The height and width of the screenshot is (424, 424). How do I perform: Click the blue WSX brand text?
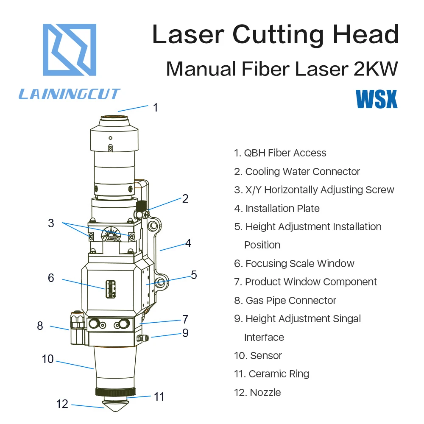(x=377, y=99)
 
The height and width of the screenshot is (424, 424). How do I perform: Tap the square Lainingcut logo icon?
(x=70, y=50)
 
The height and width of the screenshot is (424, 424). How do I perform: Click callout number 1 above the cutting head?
(x=156, y=108)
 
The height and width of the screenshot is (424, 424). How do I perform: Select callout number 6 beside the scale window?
(x=51, y=278)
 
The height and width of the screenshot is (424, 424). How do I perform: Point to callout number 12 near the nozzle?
(x=62, y=404)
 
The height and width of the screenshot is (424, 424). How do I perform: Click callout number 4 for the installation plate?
(x=188, y=243)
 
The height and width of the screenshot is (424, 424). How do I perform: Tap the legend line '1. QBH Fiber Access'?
(x=280, y=153)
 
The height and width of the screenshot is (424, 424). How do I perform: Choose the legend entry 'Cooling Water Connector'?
(x=303, y=172)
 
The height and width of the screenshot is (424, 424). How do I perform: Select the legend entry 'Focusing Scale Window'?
(x=300, y=263)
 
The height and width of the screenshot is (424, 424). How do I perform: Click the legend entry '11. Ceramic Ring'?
(x=271, y=374)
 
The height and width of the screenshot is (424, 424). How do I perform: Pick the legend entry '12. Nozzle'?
(x=257, y=392)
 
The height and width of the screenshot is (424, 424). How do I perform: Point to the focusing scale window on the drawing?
(x=110, y=289)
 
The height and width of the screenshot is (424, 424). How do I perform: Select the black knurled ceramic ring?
(x=115, y=392)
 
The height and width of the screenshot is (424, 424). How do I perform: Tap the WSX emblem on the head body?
(x=111, y=234)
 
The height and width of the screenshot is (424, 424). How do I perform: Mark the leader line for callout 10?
(x=75, y=365)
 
